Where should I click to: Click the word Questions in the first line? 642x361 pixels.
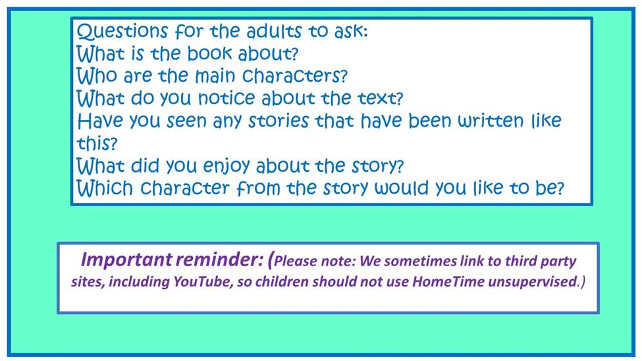[x=122, y=31]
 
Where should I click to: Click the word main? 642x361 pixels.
[x=215, y=76]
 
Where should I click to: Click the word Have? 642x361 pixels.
[x=101, y=121]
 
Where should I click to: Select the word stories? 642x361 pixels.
[x=279, y=121]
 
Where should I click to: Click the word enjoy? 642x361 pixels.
[x=227, y=167]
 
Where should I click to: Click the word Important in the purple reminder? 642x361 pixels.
[x=126, y=260]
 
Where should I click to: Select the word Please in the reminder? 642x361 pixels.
[x=295, y=262]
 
